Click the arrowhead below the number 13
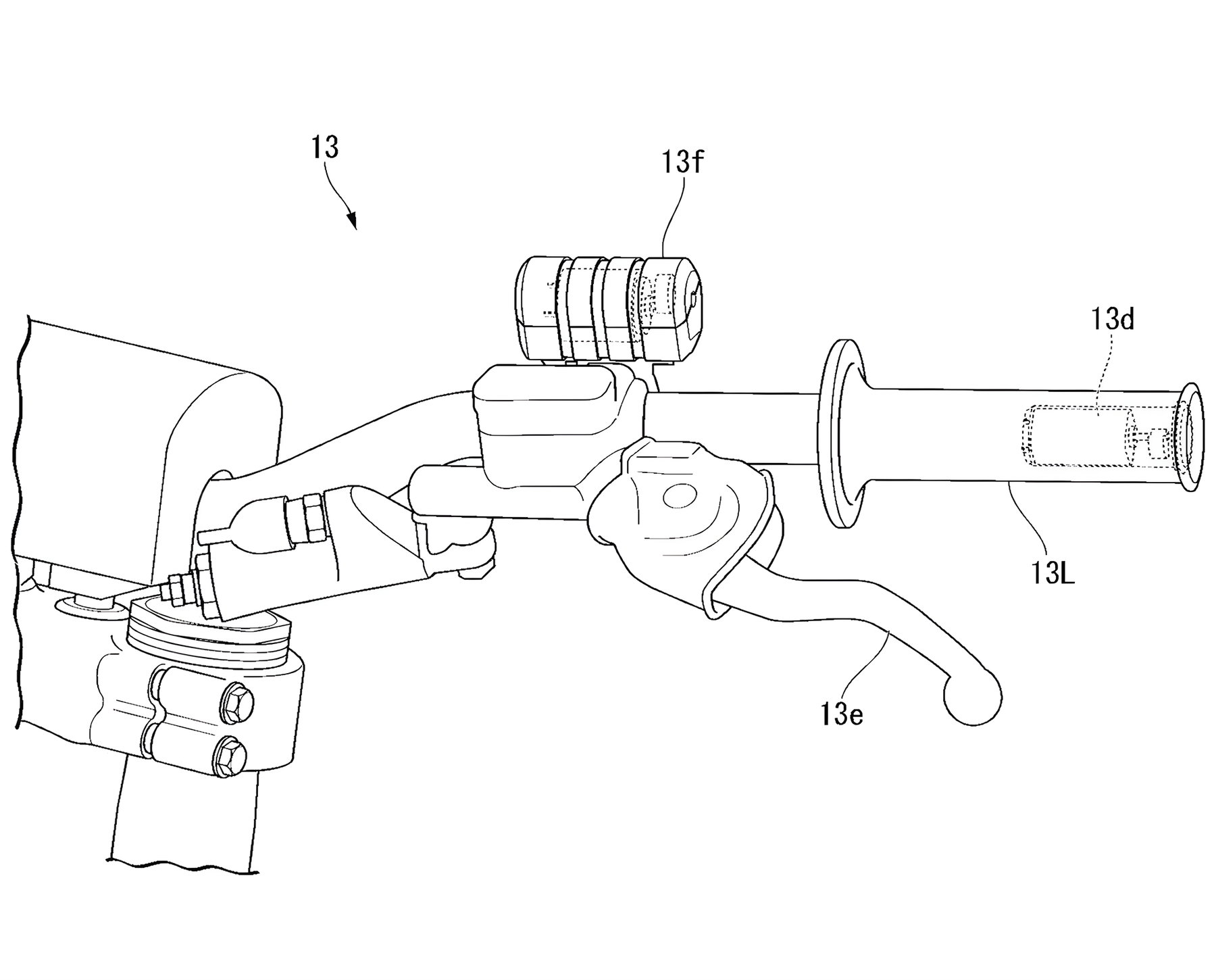point(352,220)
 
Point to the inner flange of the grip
point(841,433)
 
